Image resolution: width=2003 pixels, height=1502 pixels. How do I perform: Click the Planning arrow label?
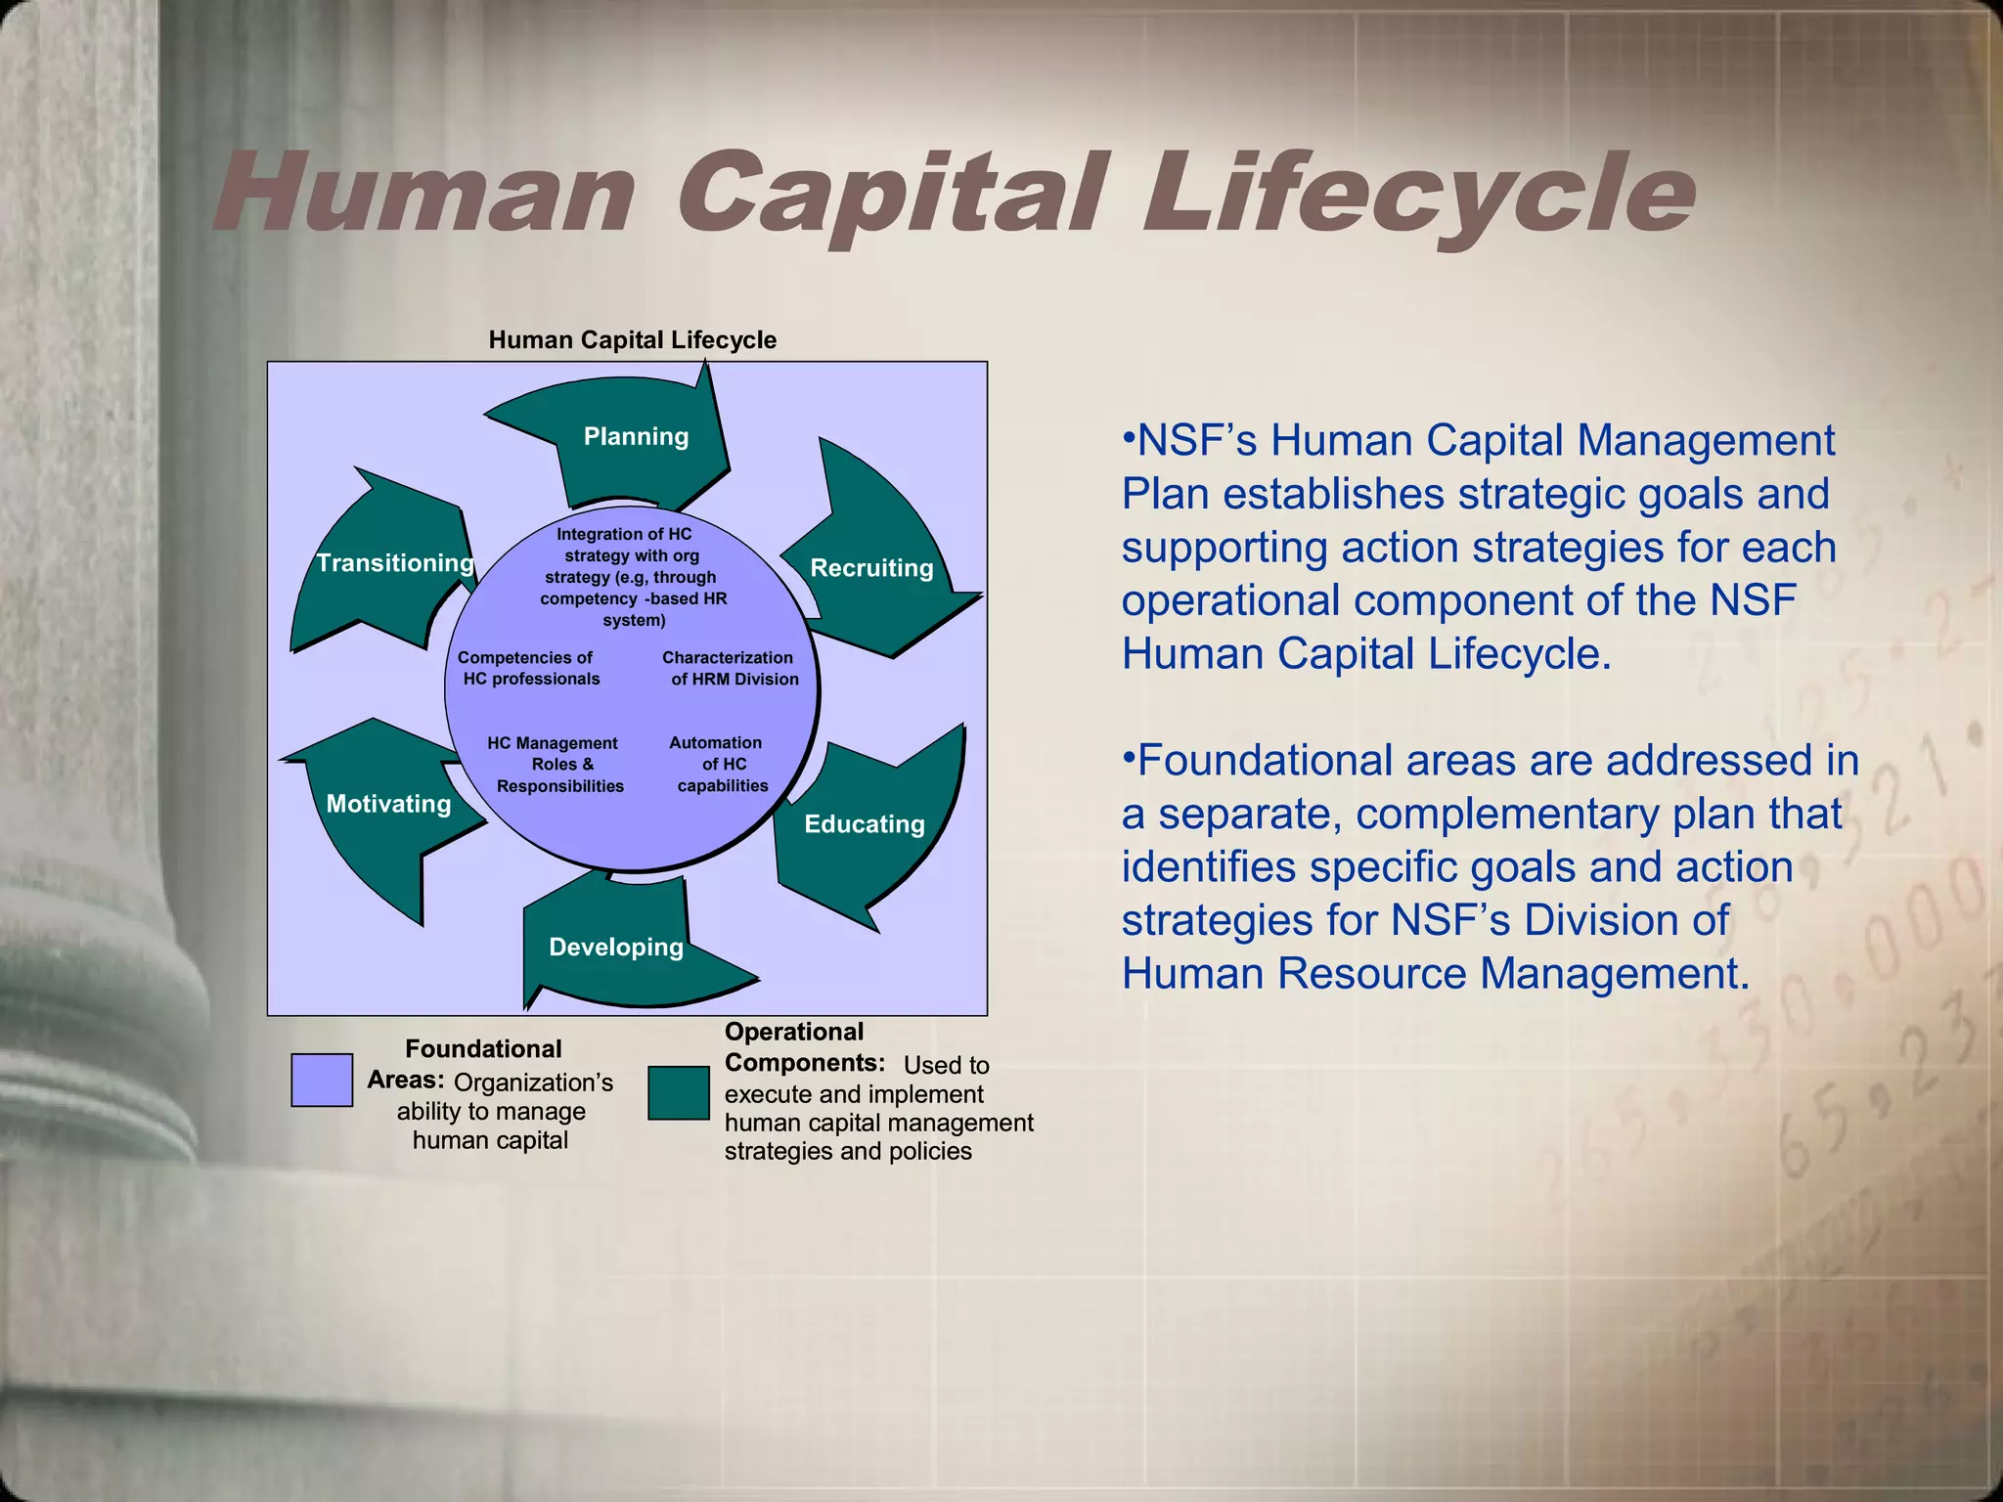[x=636, y=436]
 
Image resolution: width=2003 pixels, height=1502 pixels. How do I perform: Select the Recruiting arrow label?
[x=871, y=568]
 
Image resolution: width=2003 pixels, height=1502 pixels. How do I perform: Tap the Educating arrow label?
[x=865, y=824]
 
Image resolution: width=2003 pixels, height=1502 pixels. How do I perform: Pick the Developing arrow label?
[x=616, y=947]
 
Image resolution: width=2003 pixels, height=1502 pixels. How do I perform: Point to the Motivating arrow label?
[x=388, y=804]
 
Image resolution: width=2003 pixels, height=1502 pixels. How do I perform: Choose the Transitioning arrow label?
[x=395, y=563]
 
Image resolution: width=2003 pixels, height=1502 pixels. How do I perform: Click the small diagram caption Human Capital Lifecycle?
[x=632, y=340]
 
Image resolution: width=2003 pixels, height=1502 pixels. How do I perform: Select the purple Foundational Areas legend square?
[x=322, y=1080]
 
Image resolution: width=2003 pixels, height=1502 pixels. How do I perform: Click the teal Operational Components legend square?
[x=679, y=1092]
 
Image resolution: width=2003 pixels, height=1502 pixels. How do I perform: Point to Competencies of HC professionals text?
[x=529, y=669]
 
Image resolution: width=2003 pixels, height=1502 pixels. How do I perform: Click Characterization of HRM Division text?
[x=731, y=669]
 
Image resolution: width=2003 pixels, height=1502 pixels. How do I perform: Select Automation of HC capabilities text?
[x=720, y=765]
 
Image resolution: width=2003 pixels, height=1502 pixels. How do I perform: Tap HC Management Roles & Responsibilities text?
[x=557, y=765]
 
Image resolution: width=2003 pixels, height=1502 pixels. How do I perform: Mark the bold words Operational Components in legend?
[x=802, y=1047]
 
